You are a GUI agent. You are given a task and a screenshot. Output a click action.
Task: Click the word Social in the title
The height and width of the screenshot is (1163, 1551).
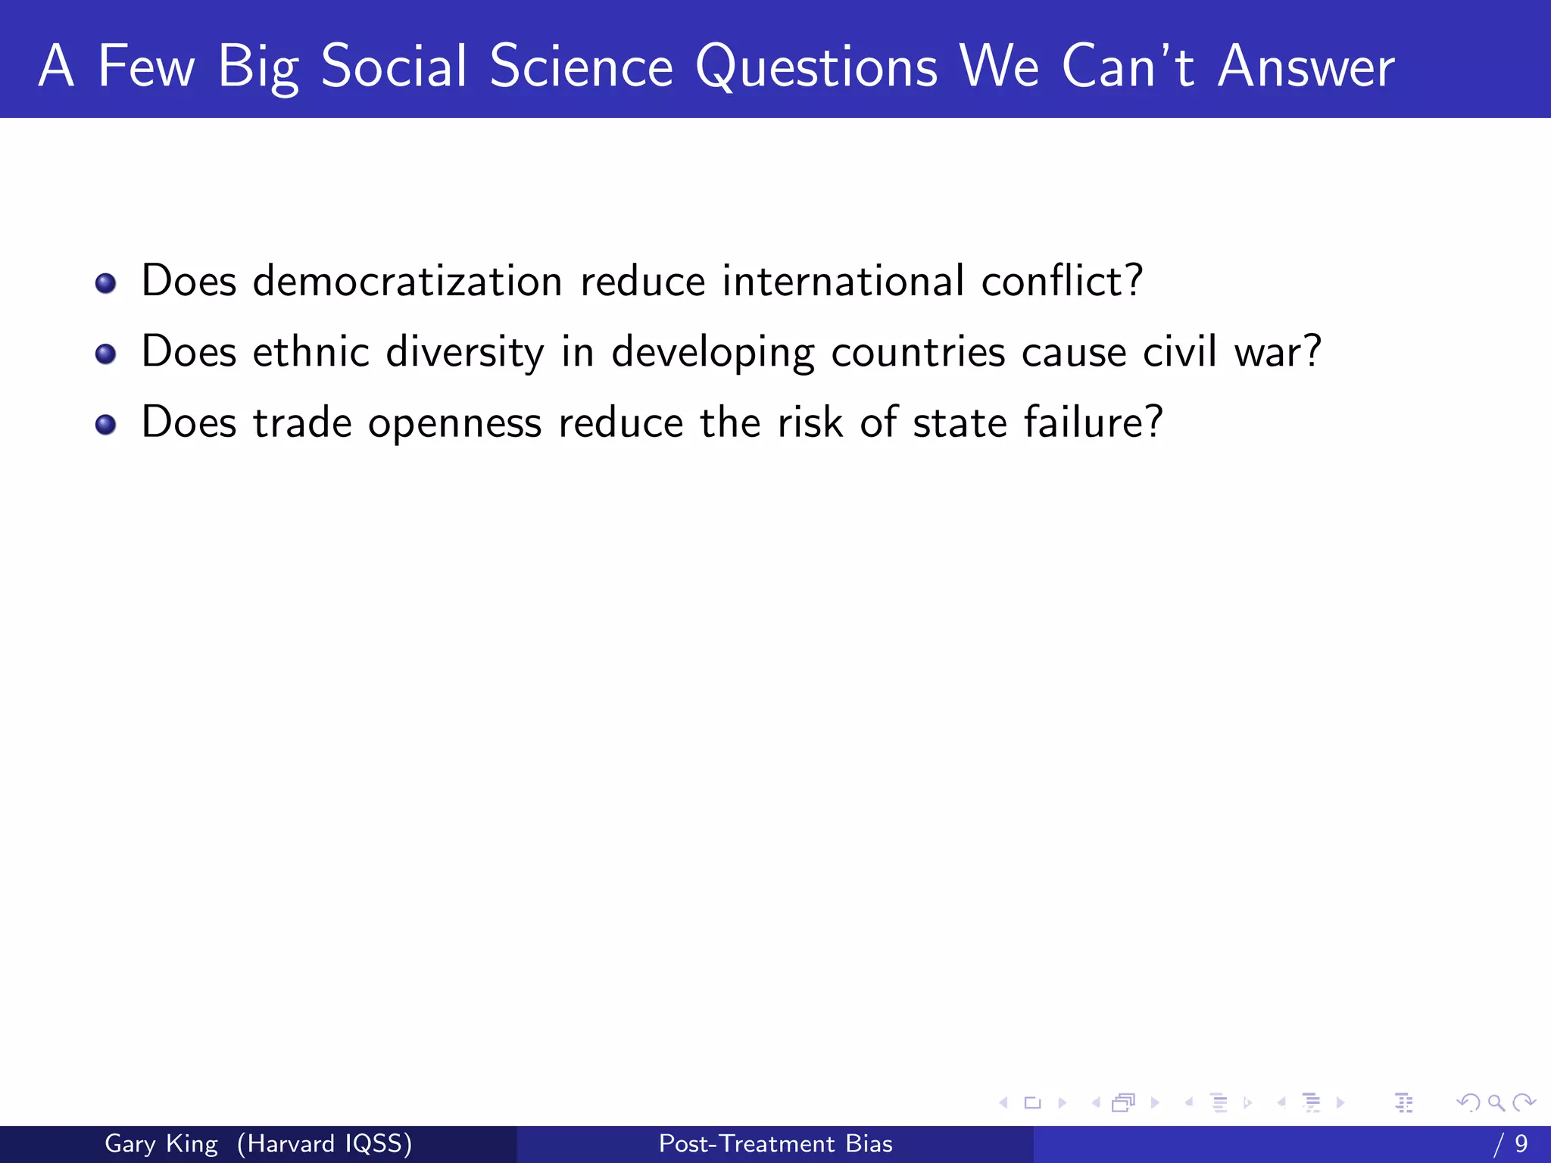[x=394, y=67]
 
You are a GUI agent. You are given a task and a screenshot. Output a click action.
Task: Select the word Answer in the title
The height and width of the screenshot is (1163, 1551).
[x=1306, y=67]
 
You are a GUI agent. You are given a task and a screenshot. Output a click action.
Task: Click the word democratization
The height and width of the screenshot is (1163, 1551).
[x=407, y=281]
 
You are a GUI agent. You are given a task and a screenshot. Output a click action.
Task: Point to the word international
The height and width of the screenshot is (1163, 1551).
[x=843, y=281]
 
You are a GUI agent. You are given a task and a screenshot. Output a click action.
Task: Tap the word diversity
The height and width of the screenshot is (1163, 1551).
[x=464, y=353]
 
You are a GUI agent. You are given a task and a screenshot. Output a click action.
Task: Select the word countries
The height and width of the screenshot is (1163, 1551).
[x=918, y=353]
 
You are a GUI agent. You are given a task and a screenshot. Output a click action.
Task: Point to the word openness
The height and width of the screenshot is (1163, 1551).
[x=454, y=424]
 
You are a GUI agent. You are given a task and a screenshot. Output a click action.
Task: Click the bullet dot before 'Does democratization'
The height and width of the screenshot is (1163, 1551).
[x=105, y=284]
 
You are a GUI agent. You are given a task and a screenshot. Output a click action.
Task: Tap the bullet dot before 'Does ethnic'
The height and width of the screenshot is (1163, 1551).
[x=105, y=354]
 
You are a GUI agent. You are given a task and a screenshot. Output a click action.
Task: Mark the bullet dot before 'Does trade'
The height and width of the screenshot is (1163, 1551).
[x=105, y=425]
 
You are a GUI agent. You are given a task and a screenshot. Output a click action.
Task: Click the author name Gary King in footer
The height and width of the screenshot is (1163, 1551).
[x=161, y=1143]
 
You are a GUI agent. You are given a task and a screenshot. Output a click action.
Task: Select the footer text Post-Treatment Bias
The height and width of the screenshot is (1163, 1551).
[x=775, y=1143]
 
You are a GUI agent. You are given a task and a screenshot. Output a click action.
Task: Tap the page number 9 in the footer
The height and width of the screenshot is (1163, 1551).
[x=1521, y=1143]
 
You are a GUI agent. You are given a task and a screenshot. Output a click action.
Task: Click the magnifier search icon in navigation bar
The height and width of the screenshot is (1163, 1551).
[x=1496, y=1102]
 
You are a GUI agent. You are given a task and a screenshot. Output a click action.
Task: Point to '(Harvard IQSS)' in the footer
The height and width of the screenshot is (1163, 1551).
[x=324, y=1143]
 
